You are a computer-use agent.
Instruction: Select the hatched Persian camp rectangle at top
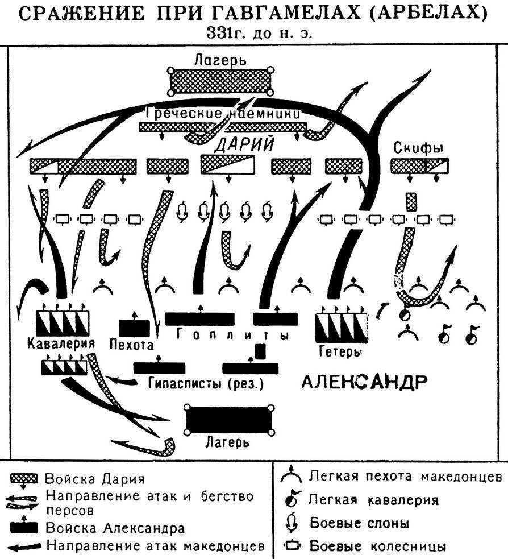220,82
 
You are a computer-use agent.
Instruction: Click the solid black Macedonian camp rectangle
229,420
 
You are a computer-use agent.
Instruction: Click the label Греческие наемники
222,113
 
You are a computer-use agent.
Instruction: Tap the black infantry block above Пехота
135,328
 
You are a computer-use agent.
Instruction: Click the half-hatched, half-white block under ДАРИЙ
228,165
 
